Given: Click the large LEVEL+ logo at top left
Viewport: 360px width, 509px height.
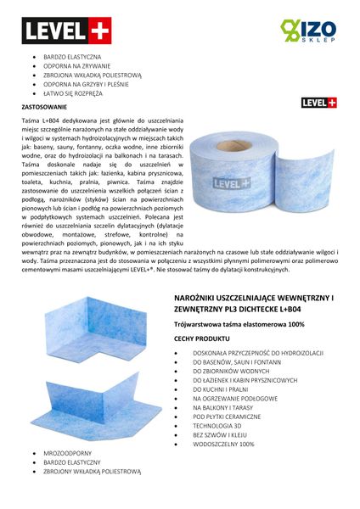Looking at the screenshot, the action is tap(55, 31).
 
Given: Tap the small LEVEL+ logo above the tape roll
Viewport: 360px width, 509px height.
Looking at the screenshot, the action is tap(318, 103).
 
